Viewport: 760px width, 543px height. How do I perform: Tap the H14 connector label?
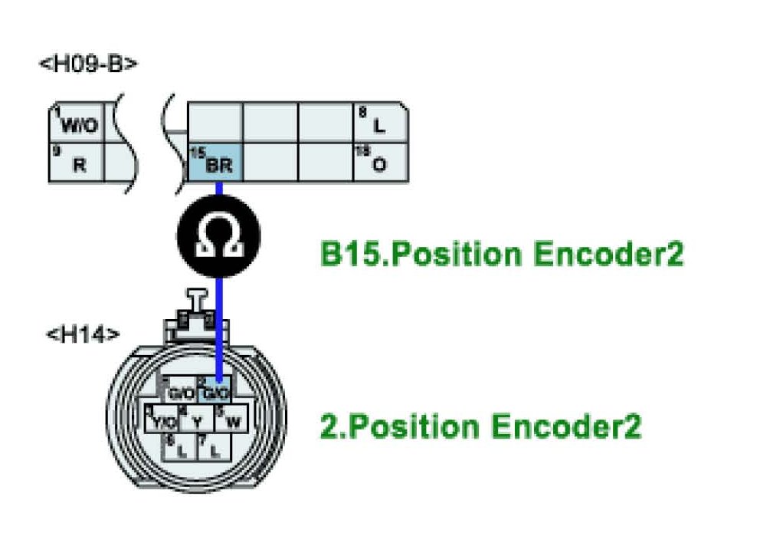83,335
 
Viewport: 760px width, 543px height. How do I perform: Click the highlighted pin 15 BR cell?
215,162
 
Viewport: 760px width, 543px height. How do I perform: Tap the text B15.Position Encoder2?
502,255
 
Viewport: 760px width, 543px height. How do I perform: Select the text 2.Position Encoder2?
480,426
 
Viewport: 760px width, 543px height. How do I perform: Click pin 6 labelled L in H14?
181,446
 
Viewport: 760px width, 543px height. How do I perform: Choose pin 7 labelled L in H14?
213,446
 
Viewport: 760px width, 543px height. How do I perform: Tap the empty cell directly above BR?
215,121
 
